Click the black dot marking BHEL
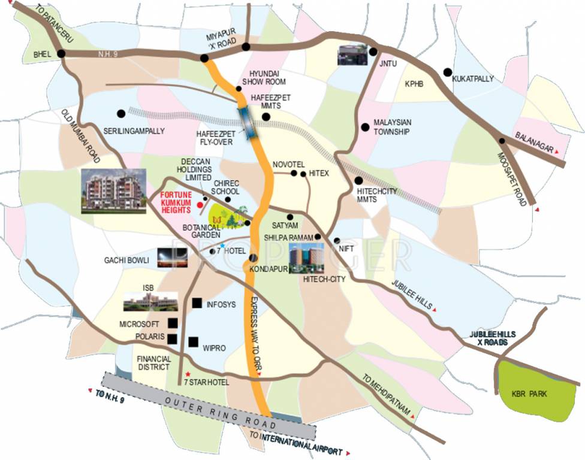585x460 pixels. [x=61, y=54]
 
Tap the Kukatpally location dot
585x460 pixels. [x=447, y=72]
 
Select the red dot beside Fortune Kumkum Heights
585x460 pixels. [x=198, y=204]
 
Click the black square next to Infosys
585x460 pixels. [x=197, y=304]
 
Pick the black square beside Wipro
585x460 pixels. [x=193, y=342]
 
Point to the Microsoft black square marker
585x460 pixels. [x=173, y=323]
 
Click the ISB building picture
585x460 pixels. [x=150, y=301]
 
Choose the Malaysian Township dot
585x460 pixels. [x=364, y=126]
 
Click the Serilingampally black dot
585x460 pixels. [x=121, y=113]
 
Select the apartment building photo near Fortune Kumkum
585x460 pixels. [x=114, y=190]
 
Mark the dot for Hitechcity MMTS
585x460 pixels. [x=358, y=180]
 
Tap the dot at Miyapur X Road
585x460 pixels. [x=204, y=58]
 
